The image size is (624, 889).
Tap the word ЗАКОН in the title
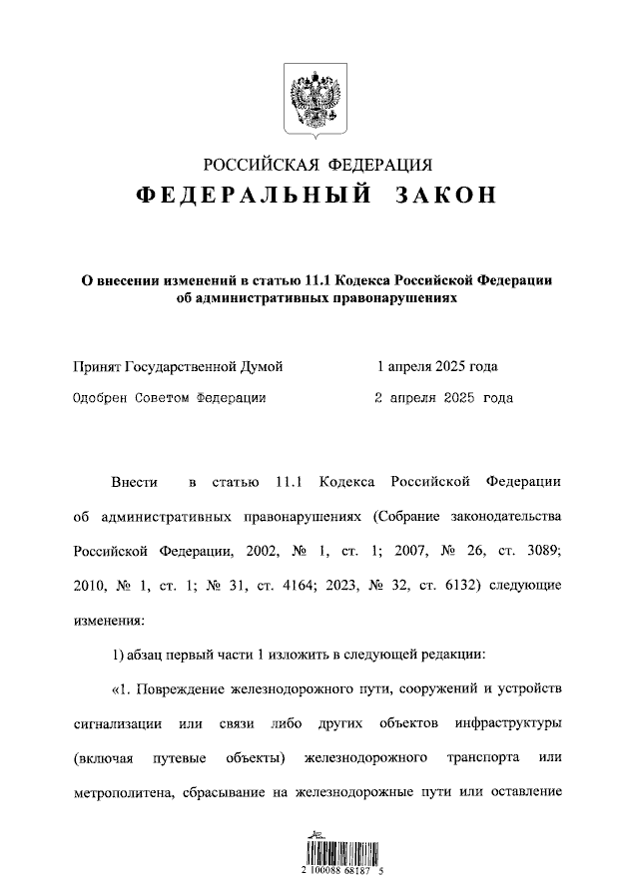point(446,195)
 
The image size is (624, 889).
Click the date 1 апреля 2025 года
point(436,366)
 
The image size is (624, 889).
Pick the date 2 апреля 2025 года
point(442,398)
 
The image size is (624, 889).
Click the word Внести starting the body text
point(135,483)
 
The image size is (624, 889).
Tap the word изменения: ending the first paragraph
point(109,619)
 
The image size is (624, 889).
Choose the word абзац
point(149,654)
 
